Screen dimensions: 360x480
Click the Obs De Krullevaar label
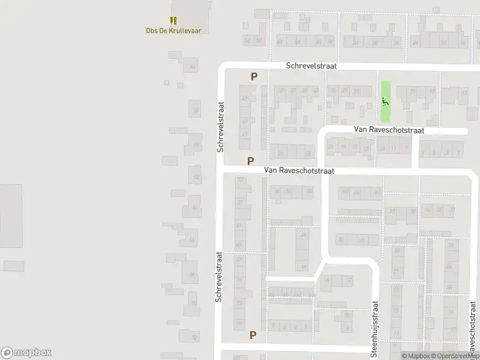click(173, 31)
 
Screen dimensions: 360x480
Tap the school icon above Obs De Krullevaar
click(173, 20)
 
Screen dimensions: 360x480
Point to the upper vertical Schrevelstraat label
click(221, 126)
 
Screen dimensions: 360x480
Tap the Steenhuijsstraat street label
click(375, 329)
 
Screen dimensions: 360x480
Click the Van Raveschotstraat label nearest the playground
click(389, 129)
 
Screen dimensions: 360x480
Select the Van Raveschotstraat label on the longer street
click(298, 170)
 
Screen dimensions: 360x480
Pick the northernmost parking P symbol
click(254, 77)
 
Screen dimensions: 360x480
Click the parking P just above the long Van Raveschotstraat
click(250, 161)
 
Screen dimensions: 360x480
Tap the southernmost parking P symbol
click(253, 335)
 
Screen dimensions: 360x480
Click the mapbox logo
click(26, 353)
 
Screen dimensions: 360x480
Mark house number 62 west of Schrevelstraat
click(196, 177)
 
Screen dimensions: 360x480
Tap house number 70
click(194, 304)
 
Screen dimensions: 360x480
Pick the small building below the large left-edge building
click(13, 266)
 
